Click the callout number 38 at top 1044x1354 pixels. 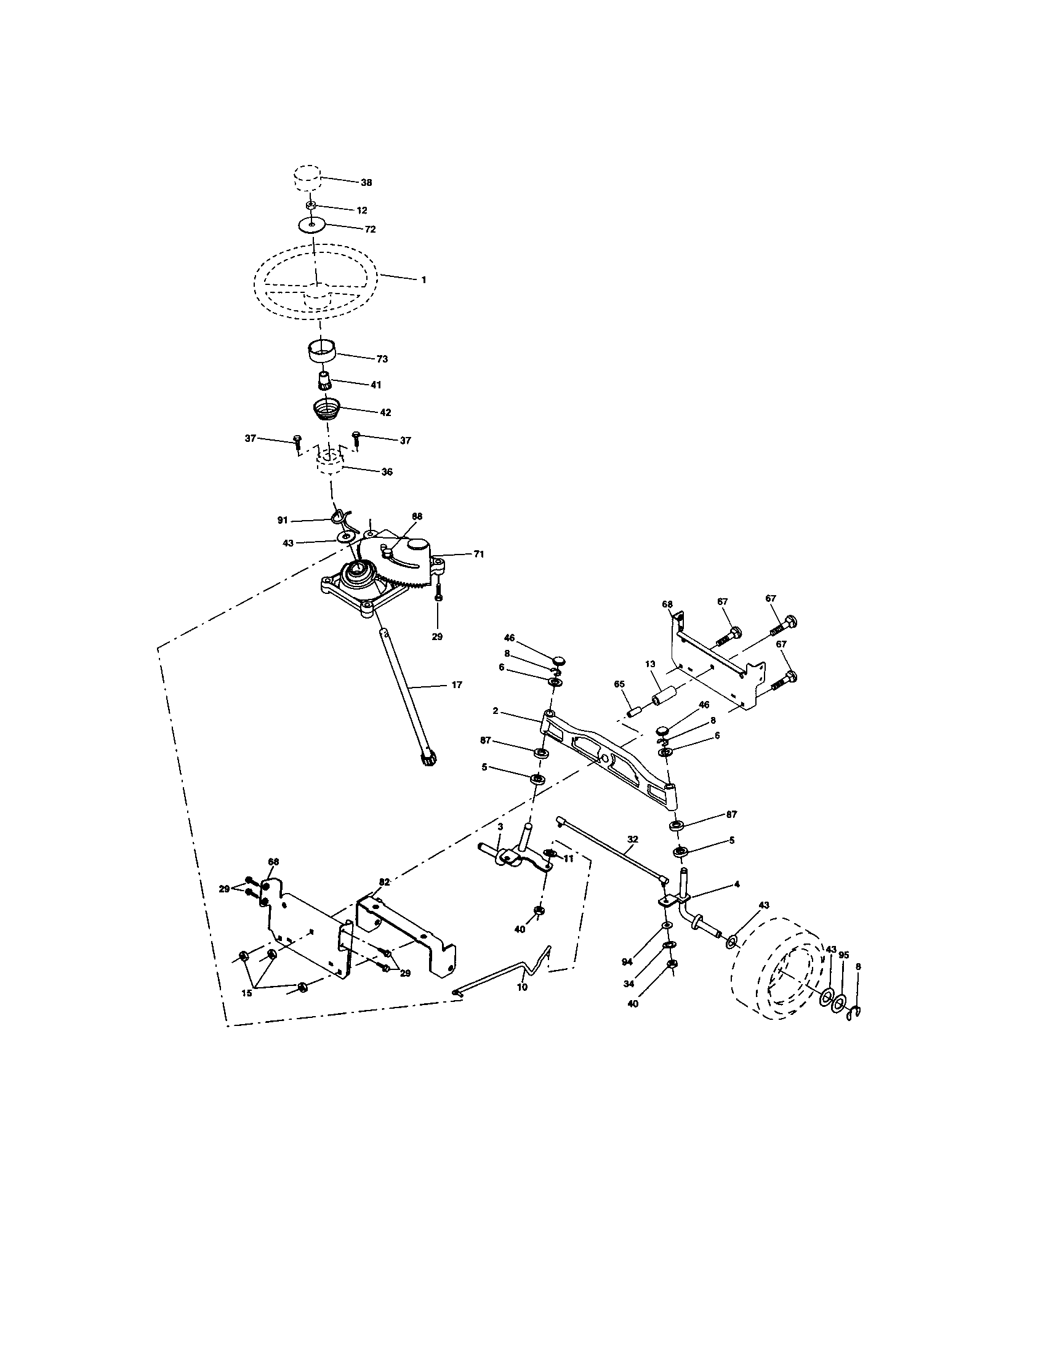coord(366,183)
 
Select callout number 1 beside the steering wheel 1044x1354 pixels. coord(424,279)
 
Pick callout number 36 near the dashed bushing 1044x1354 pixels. coord(387,471)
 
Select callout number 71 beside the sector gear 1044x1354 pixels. coord(479,555)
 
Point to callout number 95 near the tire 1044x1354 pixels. coord(843,955)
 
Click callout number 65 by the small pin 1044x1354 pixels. coord(619,684)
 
